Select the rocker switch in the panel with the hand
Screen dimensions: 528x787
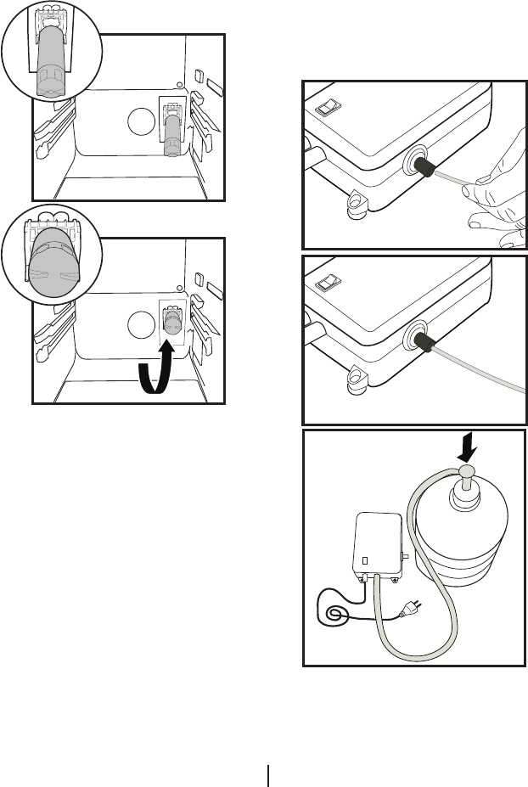pyautogui.click(x=329, y=107)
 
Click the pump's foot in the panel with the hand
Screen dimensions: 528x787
pyautogui.click(x=355, y=202)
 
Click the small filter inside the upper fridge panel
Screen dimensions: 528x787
pyautogui.click(x=172, y=132)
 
